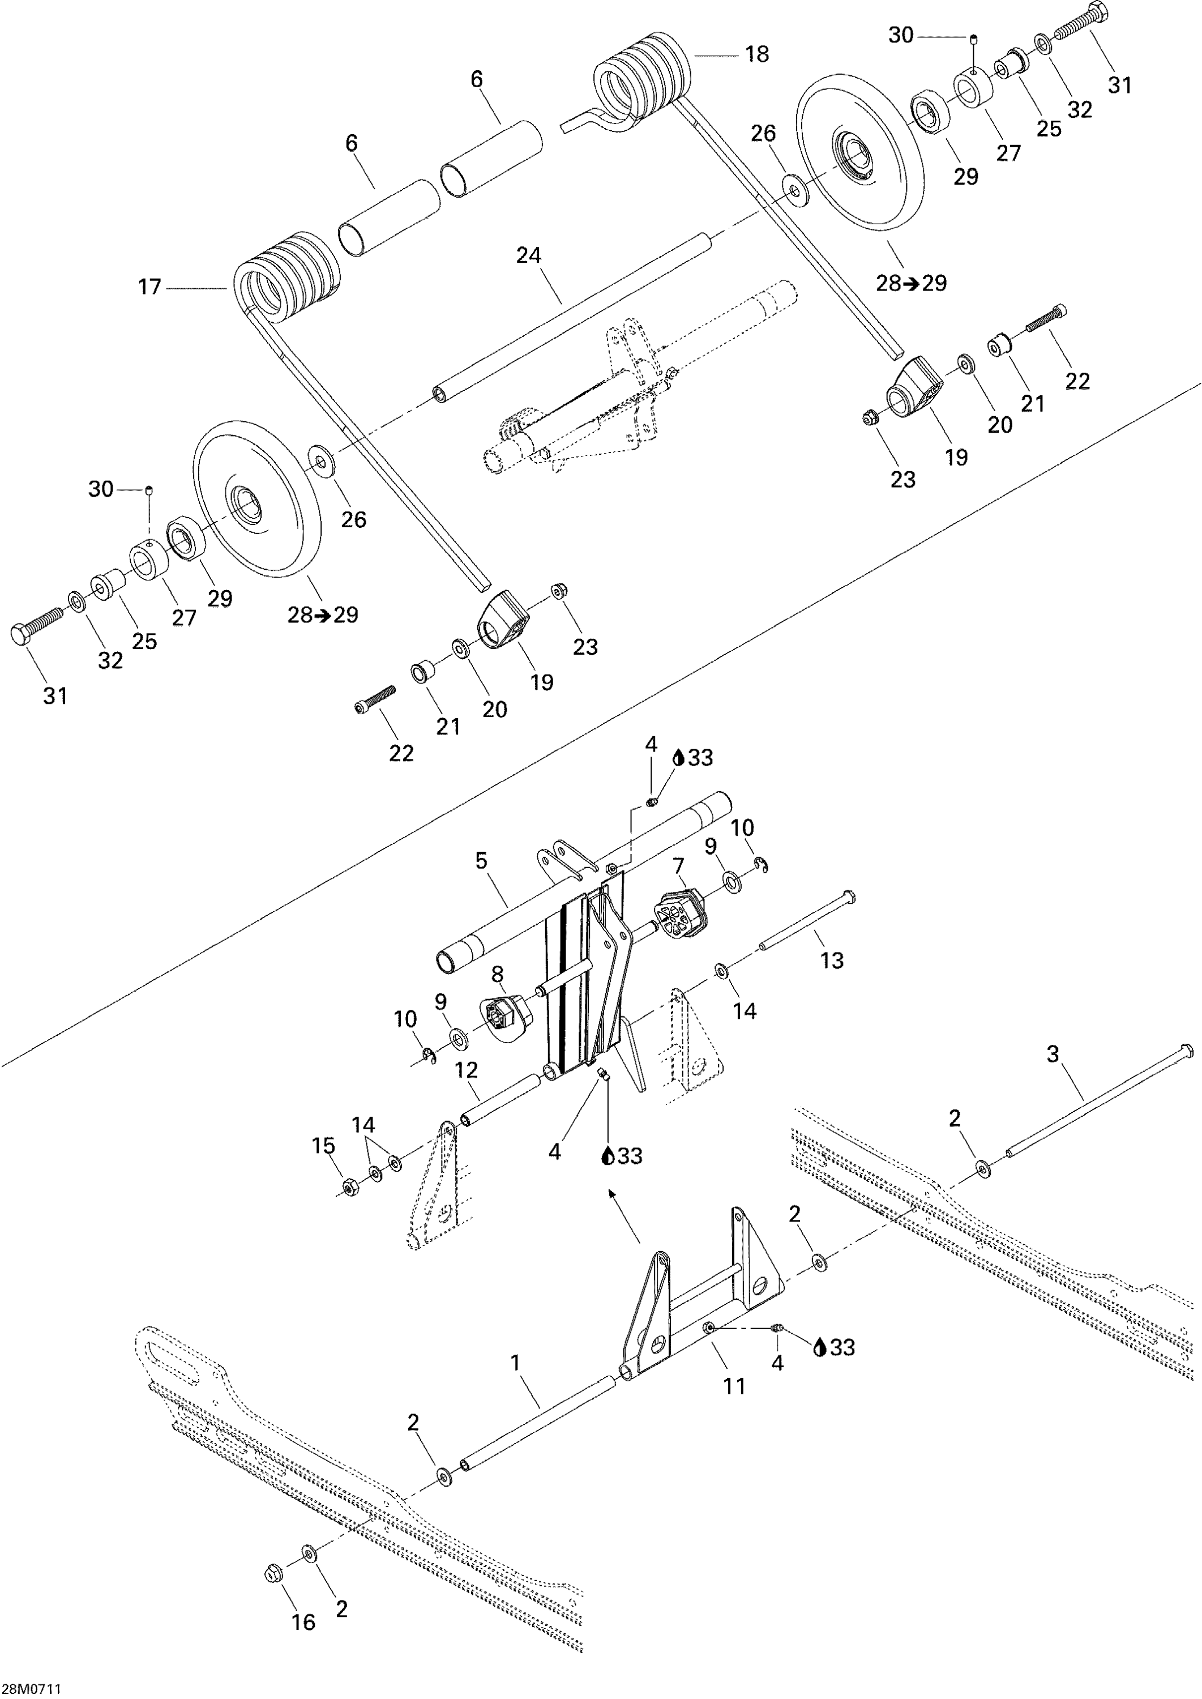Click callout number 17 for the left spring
(x=149, y=287)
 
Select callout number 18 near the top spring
(x=757, y=54)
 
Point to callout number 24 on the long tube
(x=528, y=255)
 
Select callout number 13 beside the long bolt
(x=832, y=960)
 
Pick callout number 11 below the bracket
(x=734, y=1386)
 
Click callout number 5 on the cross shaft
(x=481, y=860)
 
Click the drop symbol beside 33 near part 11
(x=819, y=1348)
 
